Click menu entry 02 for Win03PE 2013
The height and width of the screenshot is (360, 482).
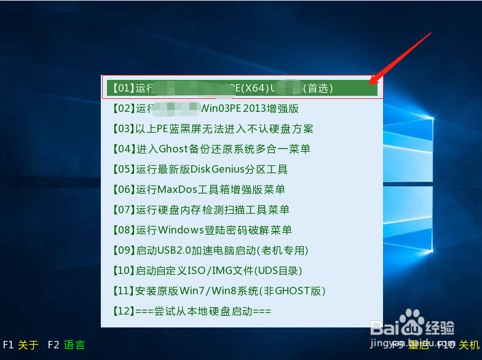pos(206,108)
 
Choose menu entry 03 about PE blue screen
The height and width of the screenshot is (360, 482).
pos(213,128)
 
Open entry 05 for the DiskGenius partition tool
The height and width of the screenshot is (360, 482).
pos(200,169)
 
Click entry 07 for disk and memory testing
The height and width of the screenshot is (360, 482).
pos(201,209)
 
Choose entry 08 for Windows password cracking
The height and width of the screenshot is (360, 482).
pos(202,230)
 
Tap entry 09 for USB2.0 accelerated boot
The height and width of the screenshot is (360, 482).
pos(210,250)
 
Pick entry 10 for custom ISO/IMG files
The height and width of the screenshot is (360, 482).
pos(207,270)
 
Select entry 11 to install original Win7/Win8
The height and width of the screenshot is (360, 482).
pos(219,291)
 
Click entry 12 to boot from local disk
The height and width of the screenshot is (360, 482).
pos(192,311)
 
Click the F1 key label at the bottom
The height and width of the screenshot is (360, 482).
pos(9,345)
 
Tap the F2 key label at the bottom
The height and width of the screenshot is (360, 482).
pos(53,345)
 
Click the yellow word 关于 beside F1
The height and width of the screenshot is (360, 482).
pos(28,345)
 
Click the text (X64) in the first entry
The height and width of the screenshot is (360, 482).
pos(253,88)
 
